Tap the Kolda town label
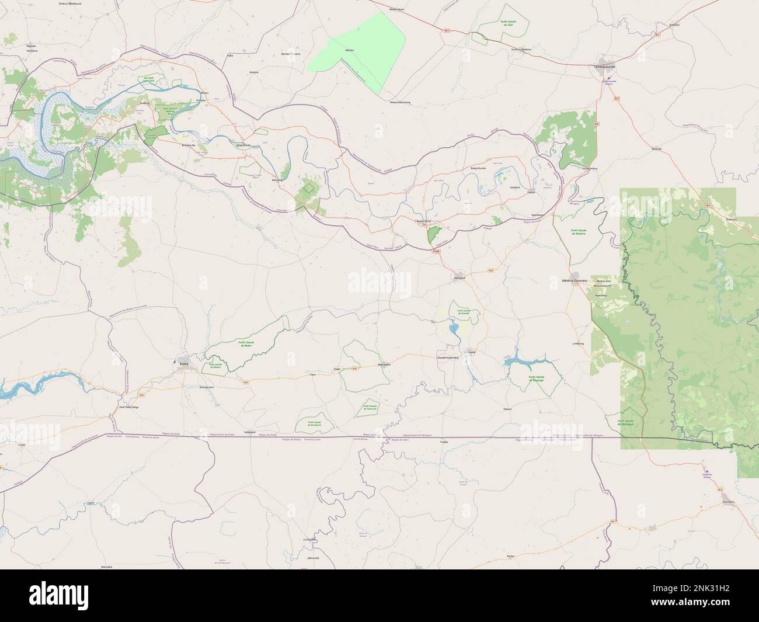184,363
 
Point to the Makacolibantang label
401,102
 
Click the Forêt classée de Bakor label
245,343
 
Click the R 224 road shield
436,251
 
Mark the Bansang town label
277,180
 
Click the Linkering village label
578,343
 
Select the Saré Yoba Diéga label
129,406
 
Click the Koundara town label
727,502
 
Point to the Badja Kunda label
478,168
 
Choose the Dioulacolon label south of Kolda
207,387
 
